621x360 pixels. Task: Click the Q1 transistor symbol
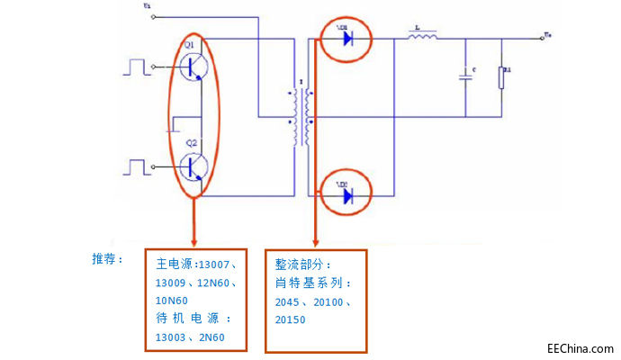[194, 66]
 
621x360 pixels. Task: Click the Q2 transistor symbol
[194, 167]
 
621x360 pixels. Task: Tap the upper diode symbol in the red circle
[346, 40]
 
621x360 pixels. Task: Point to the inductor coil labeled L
[422, 38]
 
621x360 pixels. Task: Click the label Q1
[190, 44]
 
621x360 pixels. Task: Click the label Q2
[192, 143]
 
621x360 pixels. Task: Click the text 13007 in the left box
[214, 265]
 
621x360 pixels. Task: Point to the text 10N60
[172, 301]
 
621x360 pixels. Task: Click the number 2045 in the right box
[290, 302]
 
